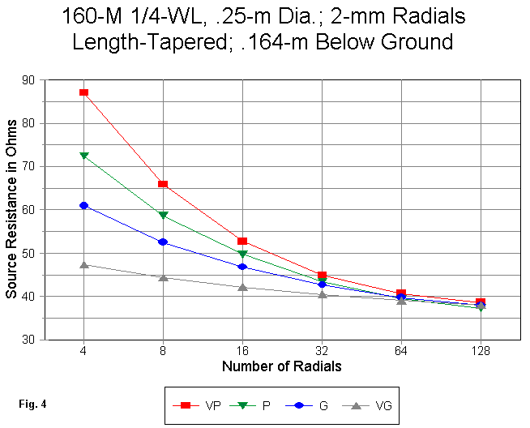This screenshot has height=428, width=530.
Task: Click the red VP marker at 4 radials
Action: coord(83,92)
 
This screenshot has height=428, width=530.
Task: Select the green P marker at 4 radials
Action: coord(83,155)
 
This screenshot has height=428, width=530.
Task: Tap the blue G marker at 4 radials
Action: coord(83,206)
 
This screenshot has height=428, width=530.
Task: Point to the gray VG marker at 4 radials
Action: coord(83,264)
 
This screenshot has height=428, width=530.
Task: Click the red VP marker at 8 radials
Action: coord(163,185)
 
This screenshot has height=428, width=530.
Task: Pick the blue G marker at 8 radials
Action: coord(163,242)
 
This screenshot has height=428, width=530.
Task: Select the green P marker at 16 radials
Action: coord(242,255)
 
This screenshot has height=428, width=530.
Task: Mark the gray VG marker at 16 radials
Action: coord(242,287)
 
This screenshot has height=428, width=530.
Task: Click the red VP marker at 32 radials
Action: coord(322,276)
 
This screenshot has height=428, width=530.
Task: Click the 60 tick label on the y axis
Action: coord(36,210)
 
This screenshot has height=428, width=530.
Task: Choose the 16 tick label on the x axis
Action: coord(242,351)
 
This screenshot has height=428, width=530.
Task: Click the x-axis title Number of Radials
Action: coord(281,366)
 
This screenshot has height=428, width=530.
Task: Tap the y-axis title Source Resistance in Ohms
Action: coord(12,211)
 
